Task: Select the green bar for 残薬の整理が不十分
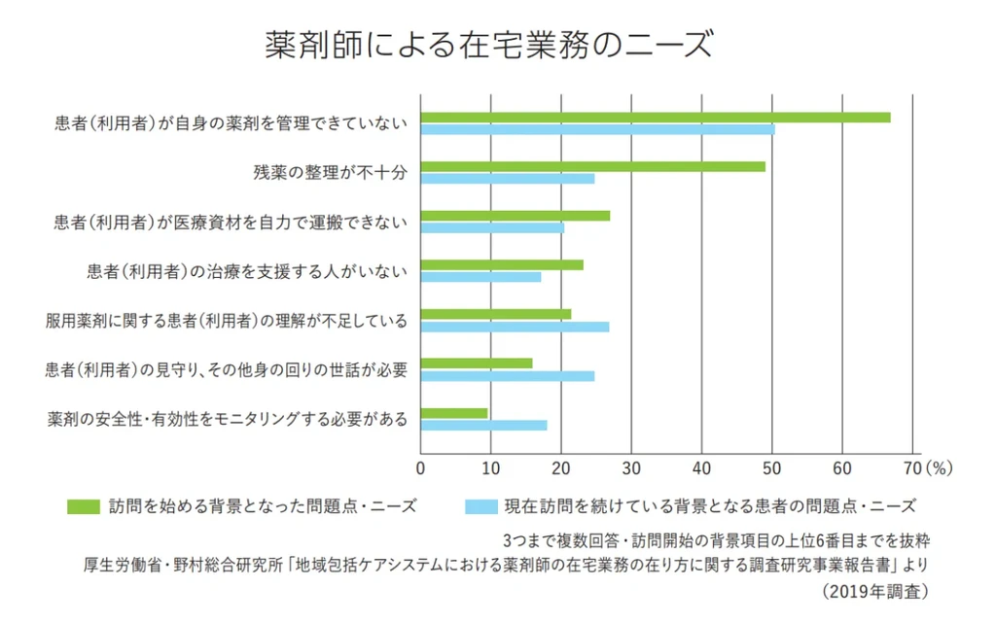(592, 166)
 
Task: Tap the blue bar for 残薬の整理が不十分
(507, 179)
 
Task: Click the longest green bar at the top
(655, 117)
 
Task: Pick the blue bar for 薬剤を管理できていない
(597, 129)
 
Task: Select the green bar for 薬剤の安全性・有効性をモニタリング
(453, 413)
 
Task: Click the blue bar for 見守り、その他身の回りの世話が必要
(507, 376)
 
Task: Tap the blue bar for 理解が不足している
(515, 327)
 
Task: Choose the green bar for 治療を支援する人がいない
(501, 264)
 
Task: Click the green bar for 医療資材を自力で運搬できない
(515, 215)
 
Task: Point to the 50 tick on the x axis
(772, 467)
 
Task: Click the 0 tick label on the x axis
(420, 467)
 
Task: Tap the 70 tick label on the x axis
(911, 467)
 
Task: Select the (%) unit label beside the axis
(939, 467)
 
